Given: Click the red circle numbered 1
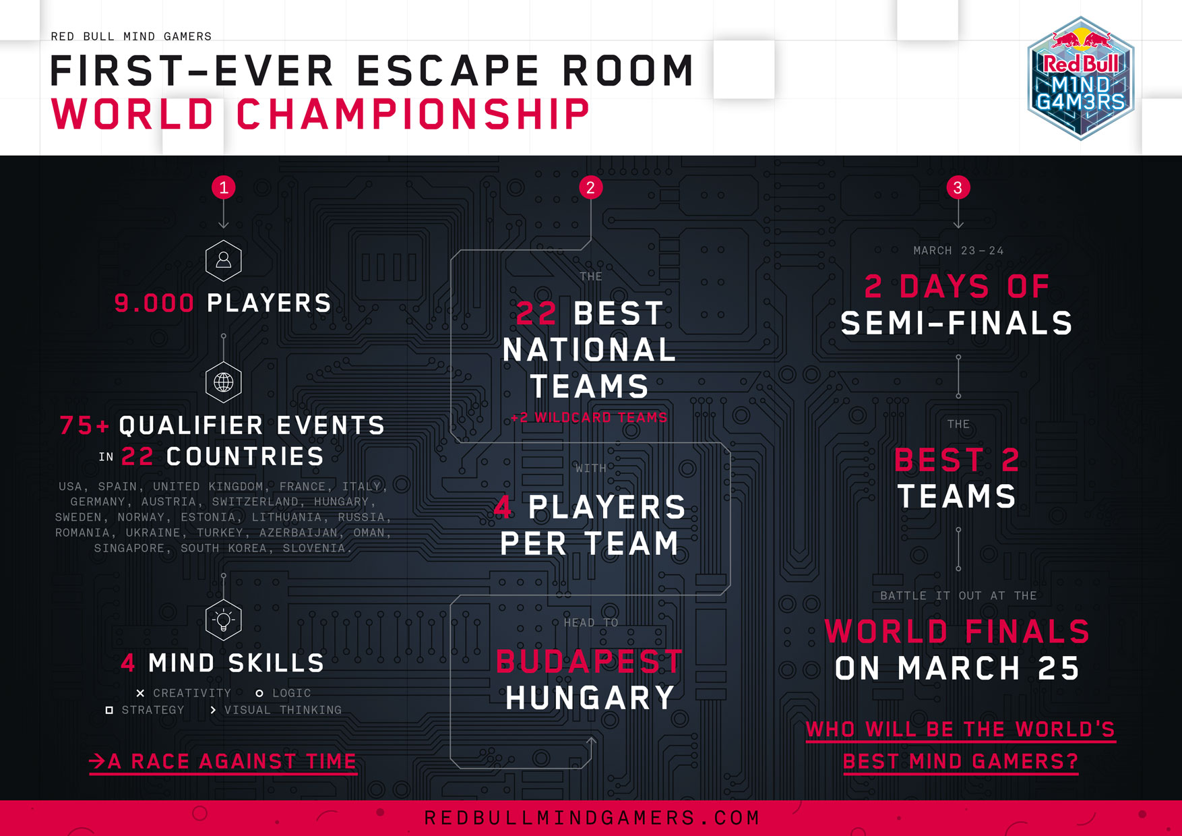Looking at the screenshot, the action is point(224,187).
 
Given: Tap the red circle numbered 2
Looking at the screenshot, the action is point(590,187).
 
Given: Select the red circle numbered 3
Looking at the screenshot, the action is point(958,187).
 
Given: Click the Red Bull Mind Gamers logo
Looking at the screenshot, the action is point(1081,78).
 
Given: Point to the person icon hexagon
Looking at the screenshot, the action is point(224,260).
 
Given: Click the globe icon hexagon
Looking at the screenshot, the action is point(224,382).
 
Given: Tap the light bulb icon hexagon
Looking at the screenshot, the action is point(224,620).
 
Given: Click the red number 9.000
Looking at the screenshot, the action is point(154,303).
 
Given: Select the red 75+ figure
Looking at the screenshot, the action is point(84,425).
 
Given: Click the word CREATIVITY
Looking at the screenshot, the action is point(192,693).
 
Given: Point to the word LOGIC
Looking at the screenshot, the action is point(292,693).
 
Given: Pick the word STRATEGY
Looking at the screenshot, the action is point(153,710).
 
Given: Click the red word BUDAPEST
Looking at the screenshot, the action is point(590,661).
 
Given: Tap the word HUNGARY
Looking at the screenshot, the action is point(590,698).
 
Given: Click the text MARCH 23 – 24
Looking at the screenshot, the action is point(958,251).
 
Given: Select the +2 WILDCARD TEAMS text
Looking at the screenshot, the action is point(589,418).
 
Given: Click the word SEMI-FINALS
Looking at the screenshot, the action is point(957,324).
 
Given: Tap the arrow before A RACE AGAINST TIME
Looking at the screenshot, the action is point(97,761).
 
